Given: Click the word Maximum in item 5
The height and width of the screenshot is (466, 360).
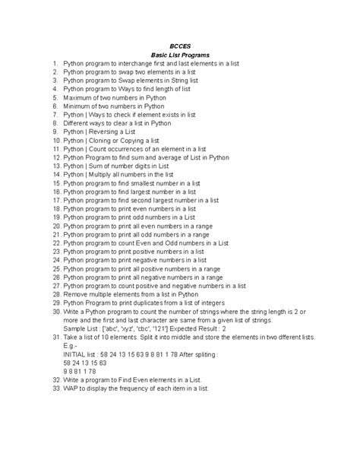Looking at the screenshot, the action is (x=79, y=97).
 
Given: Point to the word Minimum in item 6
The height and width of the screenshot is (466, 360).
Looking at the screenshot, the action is (x=78, y=106).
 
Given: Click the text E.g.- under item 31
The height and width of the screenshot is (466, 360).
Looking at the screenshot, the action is (x=71, y=346).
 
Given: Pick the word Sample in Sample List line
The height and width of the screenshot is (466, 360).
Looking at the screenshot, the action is (x=77, y=328).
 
